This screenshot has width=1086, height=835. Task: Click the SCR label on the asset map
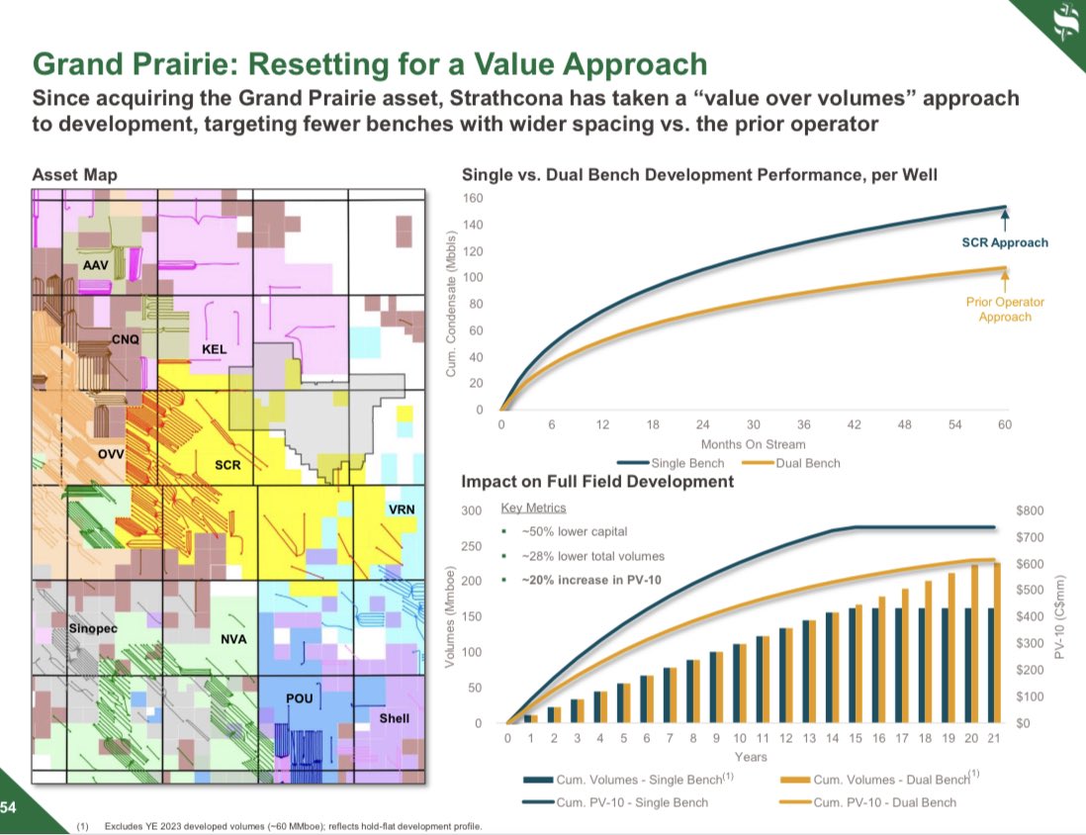(x=227, y=464)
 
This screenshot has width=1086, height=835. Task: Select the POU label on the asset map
(x=299, y=698)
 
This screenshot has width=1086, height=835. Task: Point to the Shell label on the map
(x=394, y=717)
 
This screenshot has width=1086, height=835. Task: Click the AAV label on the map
(x=96, y=265)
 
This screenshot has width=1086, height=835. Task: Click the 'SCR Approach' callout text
(x=1005, y=242)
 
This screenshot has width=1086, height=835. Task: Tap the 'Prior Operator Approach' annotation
(x=1005, y=310)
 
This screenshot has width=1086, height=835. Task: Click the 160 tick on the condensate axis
(x=476, y=198)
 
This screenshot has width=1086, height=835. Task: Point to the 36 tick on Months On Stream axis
(x=803, y=424)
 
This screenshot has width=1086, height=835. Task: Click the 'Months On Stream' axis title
(x=753, y=444)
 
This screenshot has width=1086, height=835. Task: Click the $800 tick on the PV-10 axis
(x=1030, y=510)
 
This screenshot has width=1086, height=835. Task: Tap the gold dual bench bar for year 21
(x=997, y=643)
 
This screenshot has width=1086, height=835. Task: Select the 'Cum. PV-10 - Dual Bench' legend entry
(x=884, y=801)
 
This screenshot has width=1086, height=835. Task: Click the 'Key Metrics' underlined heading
(x=533, y=508)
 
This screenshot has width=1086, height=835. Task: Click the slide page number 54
(x=9, y=807)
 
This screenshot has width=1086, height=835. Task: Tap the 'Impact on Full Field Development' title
(x=597, y=482)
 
